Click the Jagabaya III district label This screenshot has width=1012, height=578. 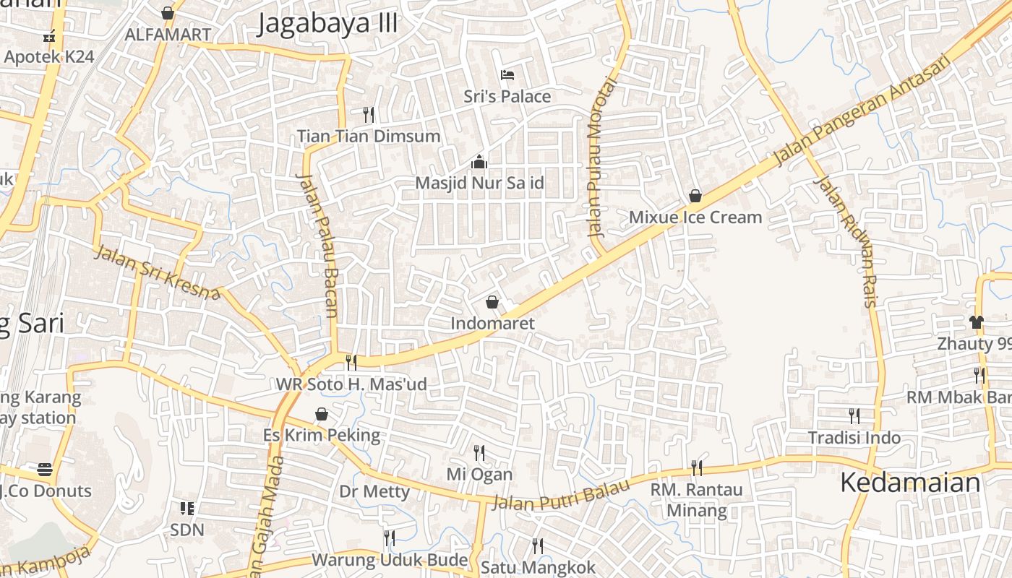click(327, 23)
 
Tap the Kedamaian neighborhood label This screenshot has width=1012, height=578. click(910, 483)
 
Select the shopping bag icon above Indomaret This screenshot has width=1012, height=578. click(492, 301)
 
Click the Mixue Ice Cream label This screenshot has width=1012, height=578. click(695, 217)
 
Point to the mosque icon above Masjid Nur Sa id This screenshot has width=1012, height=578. click(479, 162)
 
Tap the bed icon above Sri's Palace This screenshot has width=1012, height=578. click(507, 74)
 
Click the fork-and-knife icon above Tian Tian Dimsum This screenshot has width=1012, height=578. click(368, 114)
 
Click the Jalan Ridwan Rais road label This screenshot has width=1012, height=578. click(845, 241)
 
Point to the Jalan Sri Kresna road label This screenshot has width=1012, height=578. click(156, 272)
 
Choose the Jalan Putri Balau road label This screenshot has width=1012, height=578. click(559, 496)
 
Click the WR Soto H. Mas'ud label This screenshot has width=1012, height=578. click(351, 384)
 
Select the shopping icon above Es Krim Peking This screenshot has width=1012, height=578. click(322, 414)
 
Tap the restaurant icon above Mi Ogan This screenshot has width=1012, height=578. click(479, 453)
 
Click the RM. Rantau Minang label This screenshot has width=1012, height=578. click(696, 500)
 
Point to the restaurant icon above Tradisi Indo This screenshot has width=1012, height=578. click(854, 415)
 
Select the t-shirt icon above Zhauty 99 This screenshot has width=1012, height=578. click(977, 322)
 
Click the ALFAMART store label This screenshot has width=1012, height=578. click(168, 35)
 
